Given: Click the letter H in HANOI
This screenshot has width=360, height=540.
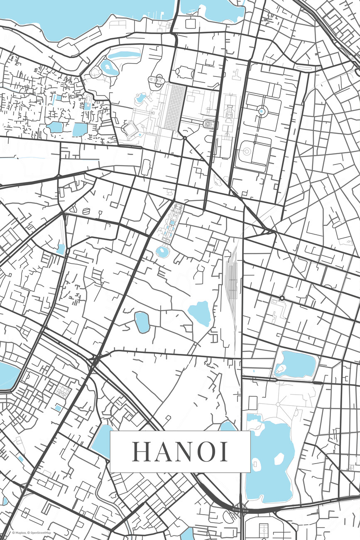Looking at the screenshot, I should pos(142,452).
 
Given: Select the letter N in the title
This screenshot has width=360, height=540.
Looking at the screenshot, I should pos(186,452).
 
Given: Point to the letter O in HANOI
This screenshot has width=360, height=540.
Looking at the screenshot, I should pos(208,452).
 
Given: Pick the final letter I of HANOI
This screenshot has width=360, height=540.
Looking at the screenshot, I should pos(225,452).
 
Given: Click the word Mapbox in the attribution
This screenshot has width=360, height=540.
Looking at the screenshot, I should pos(20,533).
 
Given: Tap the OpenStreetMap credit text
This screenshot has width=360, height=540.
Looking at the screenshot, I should pos(40,533).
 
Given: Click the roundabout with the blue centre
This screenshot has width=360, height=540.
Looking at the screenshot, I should pos(262,111).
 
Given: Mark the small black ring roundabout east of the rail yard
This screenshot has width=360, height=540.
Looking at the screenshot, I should pos(282,298).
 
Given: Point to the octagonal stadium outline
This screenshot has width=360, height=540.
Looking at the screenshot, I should pos(130,130).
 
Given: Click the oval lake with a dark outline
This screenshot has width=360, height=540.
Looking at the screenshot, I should pos(142,322).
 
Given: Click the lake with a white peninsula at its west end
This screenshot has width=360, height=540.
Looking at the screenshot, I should pos(296,365).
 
